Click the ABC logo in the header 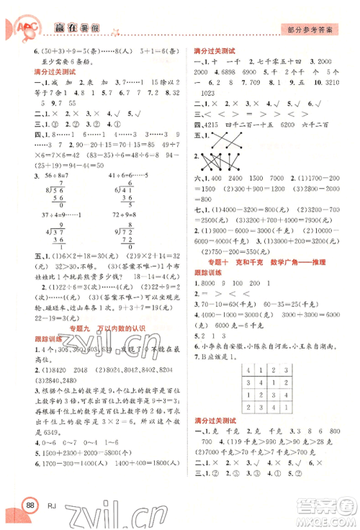pyautogui.click(x=19, y=27)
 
